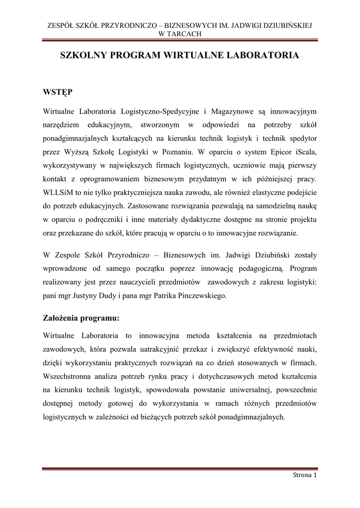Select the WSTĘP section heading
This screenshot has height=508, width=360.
pyautogui.click(x=58, y=92)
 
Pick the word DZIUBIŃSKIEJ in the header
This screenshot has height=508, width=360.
pyautogui.click(x=285, y=25)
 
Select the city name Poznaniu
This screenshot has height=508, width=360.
pyautogui.click(x=176, y=151)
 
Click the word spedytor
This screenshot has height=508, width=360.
pyautogui.click(x=302, y=137)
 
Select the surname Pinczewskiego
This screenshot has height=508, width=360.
pyautogui.click(x=197, y=296)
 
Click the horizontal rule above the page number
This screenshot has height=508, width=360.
pyautogui.click(x=180, y=468)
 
